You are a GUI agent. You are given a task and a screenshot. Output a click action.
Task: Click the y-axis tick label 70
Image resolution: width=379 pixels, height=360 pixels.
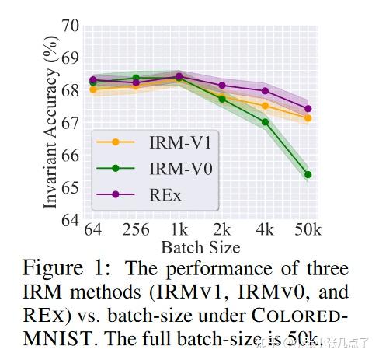pyautogui.click(x=71, y=26)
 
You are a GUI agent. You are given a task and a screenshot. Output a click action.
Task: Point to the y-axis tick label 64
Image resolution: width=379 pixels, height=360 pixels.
pyautogui.click(x=71, y=221)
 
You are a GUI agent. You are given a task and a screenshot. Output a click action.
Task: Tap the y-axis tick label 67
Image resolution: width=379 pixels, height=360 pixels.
pyautogui.click(x=71, y=124)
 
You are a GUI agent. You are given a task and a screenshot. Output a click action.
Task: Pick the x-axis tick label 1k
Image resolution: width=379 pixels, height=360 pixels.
pyautogui.click(x=179, y=232)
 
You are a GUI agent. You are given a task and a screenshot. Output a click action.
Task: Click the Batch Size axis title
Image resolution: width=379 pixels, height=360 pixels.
pyautogui.click(x=200, y=247)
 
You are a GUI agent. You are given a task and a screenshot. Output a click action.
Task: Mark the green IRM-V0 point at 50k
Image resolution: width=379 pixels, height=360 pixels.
pyautogui.click(x=308, y=175)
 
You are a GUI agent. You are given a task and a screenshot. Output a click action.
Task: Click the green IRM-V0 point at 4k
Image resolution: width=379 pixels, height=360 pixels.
pyautogui.click(x=266, y=122)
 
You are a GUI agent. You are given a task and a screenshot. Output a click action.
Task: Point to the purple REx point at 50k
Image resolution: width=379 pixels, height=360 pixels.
pyautogui.click(x=308, y=109)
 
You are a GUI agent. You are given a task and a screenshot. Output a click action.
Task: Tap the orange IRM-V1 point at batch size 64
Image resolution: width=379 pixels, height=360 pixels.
pyautogui.click(x=93, y=89)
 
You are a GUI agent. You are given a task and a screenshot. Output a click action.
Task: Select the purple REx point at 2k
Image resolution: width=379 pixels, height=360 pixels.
pyautogui.click(x=222, y=85)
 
